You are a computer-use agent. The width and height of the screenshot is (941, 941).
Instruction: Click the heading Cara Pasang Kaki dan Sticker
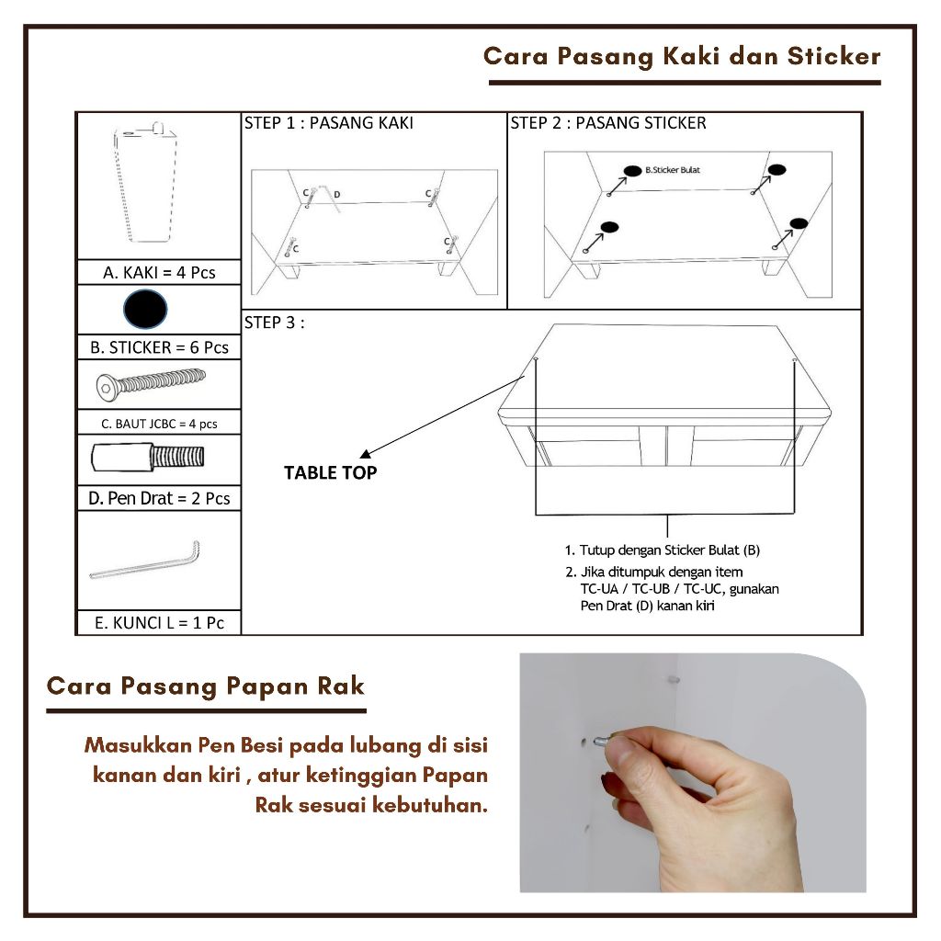point(682,56)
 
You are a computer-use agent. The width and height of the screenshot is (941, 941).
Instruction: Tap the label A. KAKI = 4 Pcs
point(159,272)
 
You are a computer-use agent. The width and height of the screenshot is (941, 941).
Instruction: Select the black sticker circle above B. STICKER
point(145,309)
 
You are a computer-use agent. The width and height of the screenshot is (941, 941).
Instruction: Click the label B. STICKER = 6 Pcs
point(159,347)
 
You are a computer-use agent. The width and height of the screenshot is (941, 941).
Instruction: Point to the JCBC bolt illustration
point(151,384)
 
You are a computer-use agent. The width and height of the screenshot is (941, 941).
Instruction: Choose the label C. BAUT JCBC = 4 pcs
point(159,424)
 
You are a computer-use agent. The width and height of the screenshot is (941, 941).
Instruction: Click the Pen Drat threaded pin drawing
point(148,458)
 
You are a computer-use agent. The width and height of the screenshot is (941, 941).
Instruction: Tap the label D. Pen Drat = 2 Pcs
point(159,498)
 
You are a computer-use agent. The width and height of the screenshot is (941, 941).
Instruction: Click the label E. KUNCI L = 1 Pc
point(159,623)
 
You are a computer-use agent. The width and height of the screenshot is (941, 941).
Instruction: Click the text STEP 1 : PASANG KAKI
point(328,123)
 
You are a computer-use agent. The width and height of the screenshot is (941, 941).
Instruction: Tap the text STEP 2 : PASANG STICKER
point(608,123)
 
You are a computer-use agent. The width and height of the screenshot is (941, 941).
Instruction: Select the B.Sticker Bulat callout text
point(672,170)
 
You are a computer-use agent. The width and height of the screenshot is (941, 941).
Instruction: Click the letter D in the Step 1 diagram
point(336,195)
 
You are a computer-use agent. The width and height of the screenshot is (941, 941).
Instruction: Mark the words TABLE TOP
point(330,473)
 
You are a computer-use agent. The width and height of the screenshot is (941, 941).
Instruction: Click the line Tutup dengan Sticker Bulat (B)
point(663,550)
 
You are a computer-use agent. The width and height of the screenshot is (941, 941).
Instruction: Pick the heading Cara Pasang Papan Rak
point(206,686)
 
